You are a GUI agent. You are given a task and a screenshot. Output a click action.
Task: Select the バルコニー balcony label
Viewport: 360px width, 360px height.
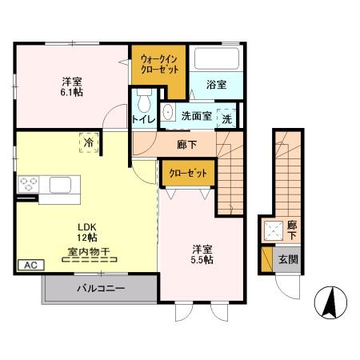(x=100, y=287)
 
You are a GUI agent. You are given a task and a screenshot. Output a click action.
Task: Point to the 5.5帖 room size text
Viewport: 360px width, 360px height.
(x=202, y=260)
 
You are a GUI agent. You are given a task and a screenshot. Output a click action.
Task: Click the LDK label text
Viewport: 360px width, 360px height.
(x=86, y=226)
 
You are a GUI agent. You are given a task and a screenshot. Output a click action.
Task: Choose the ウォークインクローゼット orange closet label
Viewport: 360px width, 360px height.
(x=159, y=64)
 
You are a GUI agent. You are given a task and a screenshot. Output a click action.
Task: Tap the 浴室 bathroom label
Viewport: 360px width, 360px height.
(x=216, y=84)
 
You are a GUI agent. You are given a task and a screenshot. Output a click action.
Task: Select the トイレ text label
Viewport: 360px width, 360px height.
(x=145, y=120)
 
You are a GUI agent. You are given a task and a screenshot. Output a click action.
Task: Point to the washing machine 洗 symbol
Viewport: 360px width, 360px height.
(x=227, y=117)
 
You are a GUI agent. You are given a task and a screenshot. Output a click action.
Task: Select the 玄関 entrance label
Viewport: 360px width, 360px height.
(x=286, y=260)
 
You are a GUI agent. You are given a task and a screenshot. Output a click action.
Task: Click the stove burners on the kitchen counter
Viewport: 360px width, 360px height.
(x=26, y=185)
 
